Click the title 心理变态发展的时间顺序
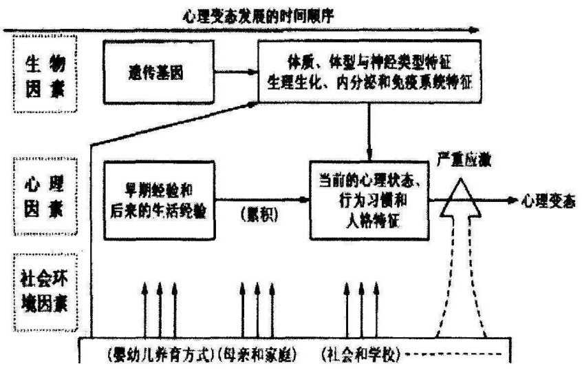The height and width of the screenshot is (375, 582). tap(259, 15)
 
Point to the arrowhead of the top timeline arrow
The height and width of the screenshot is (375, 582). tap(475, 30)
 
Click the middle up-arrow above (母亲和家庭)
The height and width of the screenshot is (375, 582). tap(257, 303)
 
